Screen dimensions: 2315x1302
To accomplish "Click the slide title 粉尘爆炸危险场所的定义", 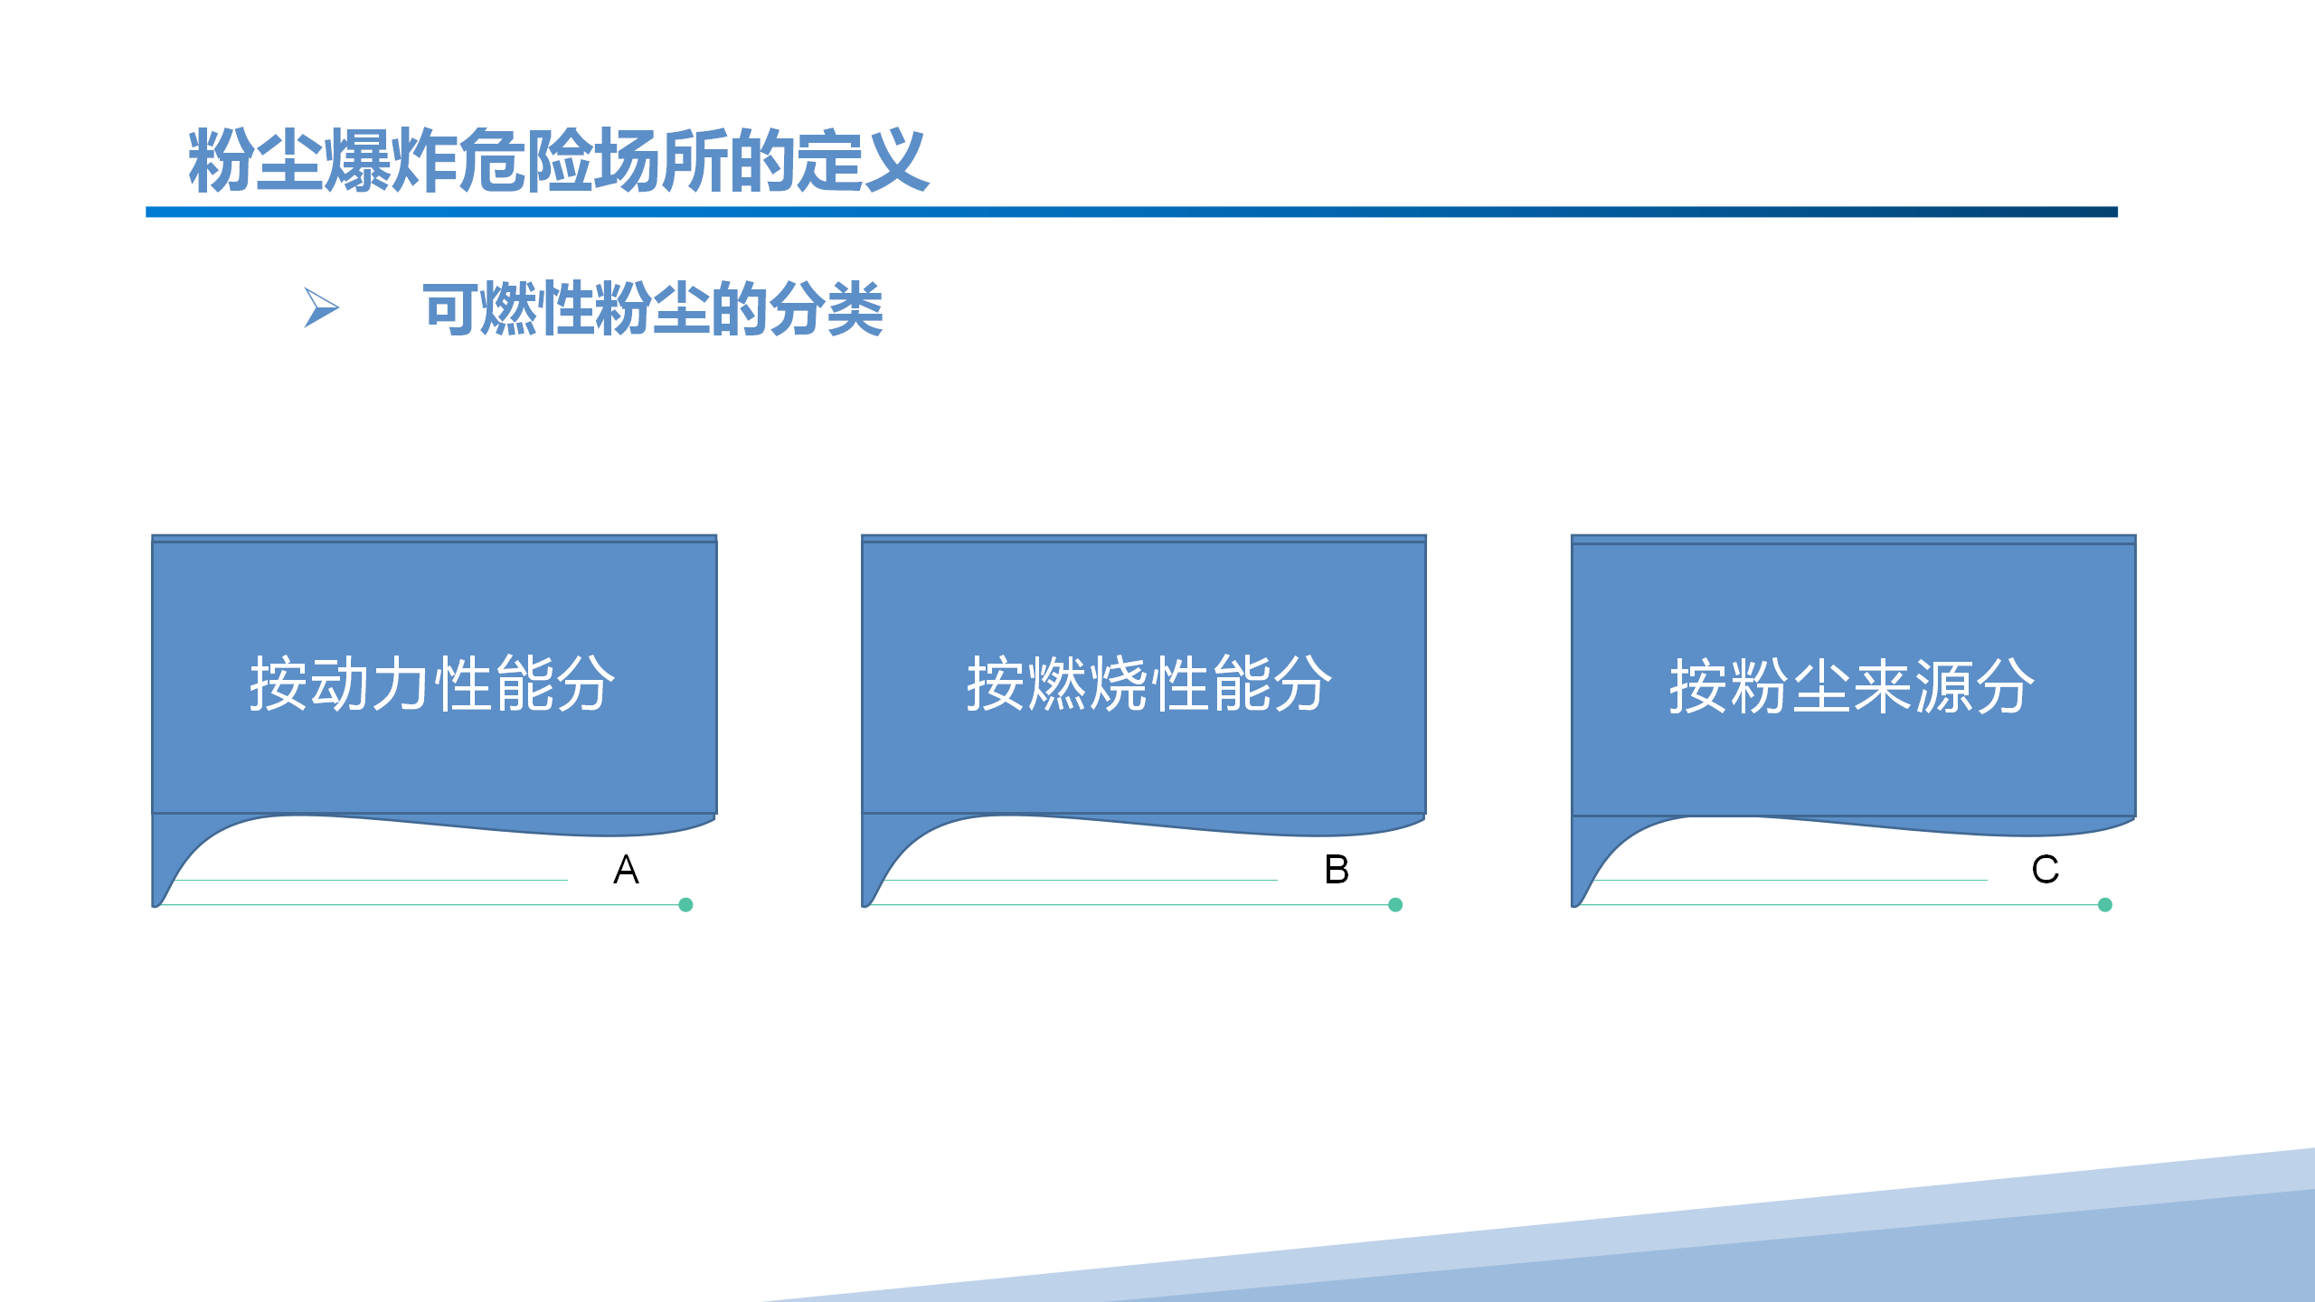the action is tap(558, 160).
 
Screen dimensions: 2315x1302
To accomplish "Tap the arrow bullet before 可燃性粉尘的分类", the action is tap(321, 307).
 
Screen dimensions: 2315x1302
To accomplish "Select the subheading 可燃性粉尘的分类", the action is tap(652, 308).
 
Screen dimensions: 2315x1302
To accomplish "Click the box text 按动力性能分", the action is tap(432, 684).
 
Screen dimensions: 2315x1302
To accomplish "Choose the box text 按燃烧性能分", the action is tap(1149, 684).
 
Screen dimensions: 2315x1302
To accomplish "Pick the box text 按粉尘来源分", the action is tap(1851, 686).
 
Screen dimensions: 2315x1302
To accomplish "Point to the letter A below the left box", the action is tap(626, 869).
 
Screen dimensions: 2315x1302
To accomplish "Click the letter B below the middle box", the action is tap(1337, 869).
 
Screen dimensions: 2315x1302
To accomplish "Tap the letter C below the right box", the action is tap(2046, 869).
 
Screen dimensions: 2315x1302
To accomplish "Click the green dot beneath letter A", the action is tap(685, 904).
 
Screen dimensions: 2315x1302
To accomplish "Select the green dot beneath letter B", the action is tap(1395, 904).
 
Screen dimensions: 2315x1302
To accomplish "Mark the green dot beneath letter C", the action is tap(2105, 904).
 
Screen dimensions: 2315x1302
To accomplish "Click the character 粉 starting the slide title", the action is tap(221, 160).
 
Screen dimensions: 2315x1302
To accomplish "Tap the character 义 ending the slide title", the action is tap(896, 160).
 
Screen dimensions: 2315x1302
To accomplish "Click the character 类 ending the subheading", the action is tap(855, 308).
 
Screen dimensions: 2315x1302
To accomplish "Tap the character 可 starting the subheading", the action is tap(451, 308).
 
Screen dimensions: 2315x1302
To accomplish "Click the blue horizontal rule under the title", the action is tap(1131, 212).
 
